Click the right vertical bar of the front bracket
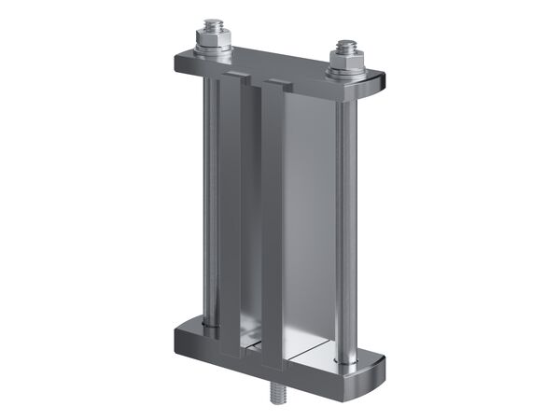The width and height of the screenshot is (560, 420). pos(272,224)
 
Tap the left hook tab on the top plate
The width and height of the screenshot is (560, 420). pos(236,72)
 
